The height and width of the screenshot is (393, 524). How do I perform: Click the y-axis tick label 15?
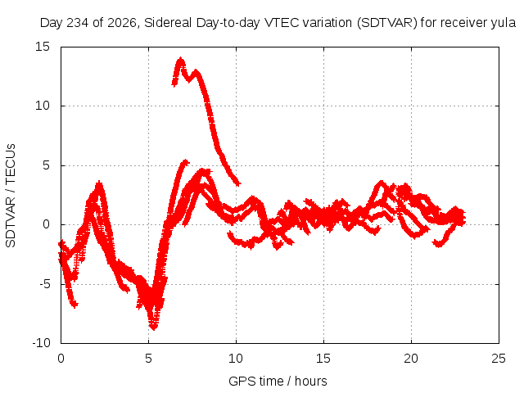43,47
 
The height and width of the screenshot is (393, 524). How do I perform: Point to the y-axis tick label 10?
43,106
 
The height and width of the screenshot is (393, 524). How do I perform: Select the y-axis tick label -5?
44,284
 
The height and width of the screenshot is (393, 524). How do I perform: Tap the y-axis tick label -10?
41,343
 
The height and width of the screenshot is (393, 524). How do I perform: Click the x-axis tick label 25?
499,359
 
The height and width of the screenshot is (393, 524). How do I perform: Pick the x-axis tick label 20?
411,359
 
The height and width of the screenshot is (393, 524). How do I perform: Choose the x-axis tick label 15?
323,359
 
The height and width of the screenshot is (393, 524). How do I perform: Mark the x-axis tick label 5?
148,359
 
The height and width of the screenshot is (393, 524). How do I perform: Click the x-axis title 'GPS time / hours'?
278,382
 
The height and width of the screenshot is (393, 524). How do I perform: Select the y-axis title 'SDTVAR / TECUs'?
11,196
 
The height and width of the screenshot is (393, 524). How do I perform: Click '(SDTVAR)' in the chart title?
387,23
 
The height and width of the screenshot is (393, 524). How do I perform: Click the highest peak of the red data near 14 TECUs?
181,59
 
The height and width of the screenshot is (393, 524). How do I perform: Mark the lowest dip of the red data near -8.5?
153,328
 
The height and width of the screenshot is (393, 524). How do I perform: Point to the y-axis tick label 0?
47,224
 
